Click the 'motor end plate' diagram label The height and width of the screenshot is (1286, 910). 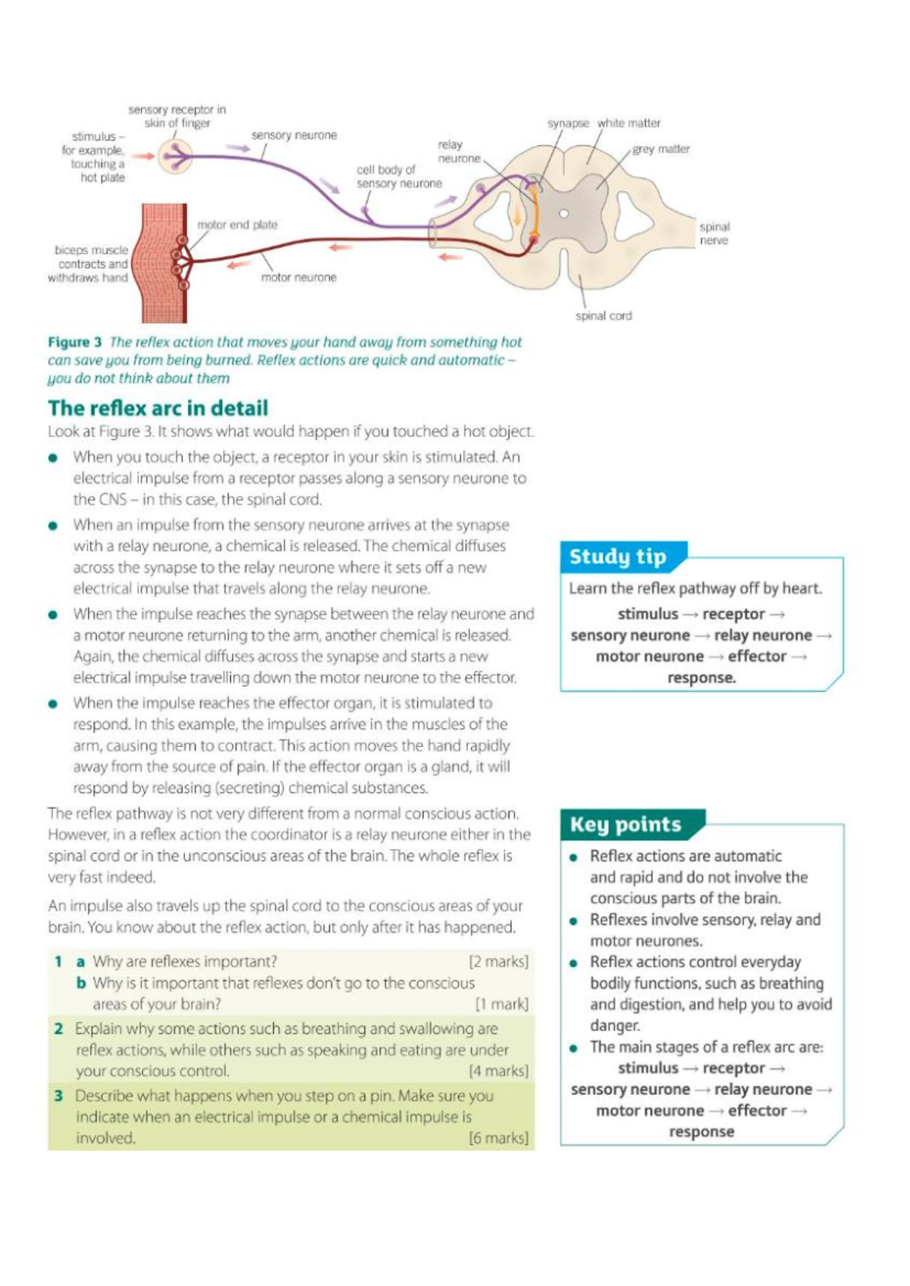tap(237, 225)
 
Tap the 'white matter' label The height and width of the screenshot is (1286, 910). tap(629, 123)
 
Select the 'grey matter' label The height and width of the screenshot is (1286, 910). tap(661, 149)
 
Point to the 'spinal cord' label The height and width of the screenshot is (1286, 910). tap(603, 316)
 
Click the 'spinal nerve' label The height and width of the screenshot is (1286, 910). tap(714, 234)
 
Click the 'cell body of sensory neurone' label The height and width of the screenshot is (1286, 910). tap(399, 177)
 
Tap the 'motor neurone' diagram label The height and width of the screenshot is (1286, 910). tap(299, 278)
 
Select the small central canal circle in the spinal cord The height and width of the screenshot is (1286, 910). tap(563, 214)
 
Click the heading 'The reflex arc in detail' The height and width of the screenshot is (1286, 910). tap(158, 408)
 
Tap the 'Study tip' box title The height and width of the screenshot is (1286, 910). tap(617, 557)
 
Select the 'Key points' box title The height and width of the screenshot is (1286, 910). tap(625, 824)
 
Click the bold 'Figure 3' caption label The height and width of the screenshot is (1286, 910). tap(74, 342)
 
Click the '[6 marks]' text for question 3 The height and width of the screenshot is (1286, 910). tap(498, 1138)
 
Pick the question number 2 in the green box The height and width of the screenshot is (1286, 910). tap(58, 1029)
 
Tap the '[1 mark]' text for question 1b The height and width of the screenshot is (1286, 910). tap(501, 1004)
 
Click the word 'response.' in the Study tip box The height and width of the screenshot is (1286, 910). tap(701, 678)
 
